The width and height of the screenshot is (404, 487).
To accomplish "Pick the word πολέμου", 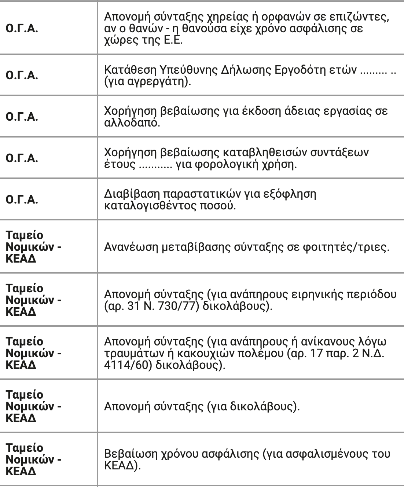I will pyautogui.click(x=257, y=354).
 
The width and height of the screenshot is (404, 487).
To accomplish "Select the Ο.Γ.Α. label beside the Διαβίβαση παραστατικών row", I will pyautogui.click(x=22, y=200).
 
